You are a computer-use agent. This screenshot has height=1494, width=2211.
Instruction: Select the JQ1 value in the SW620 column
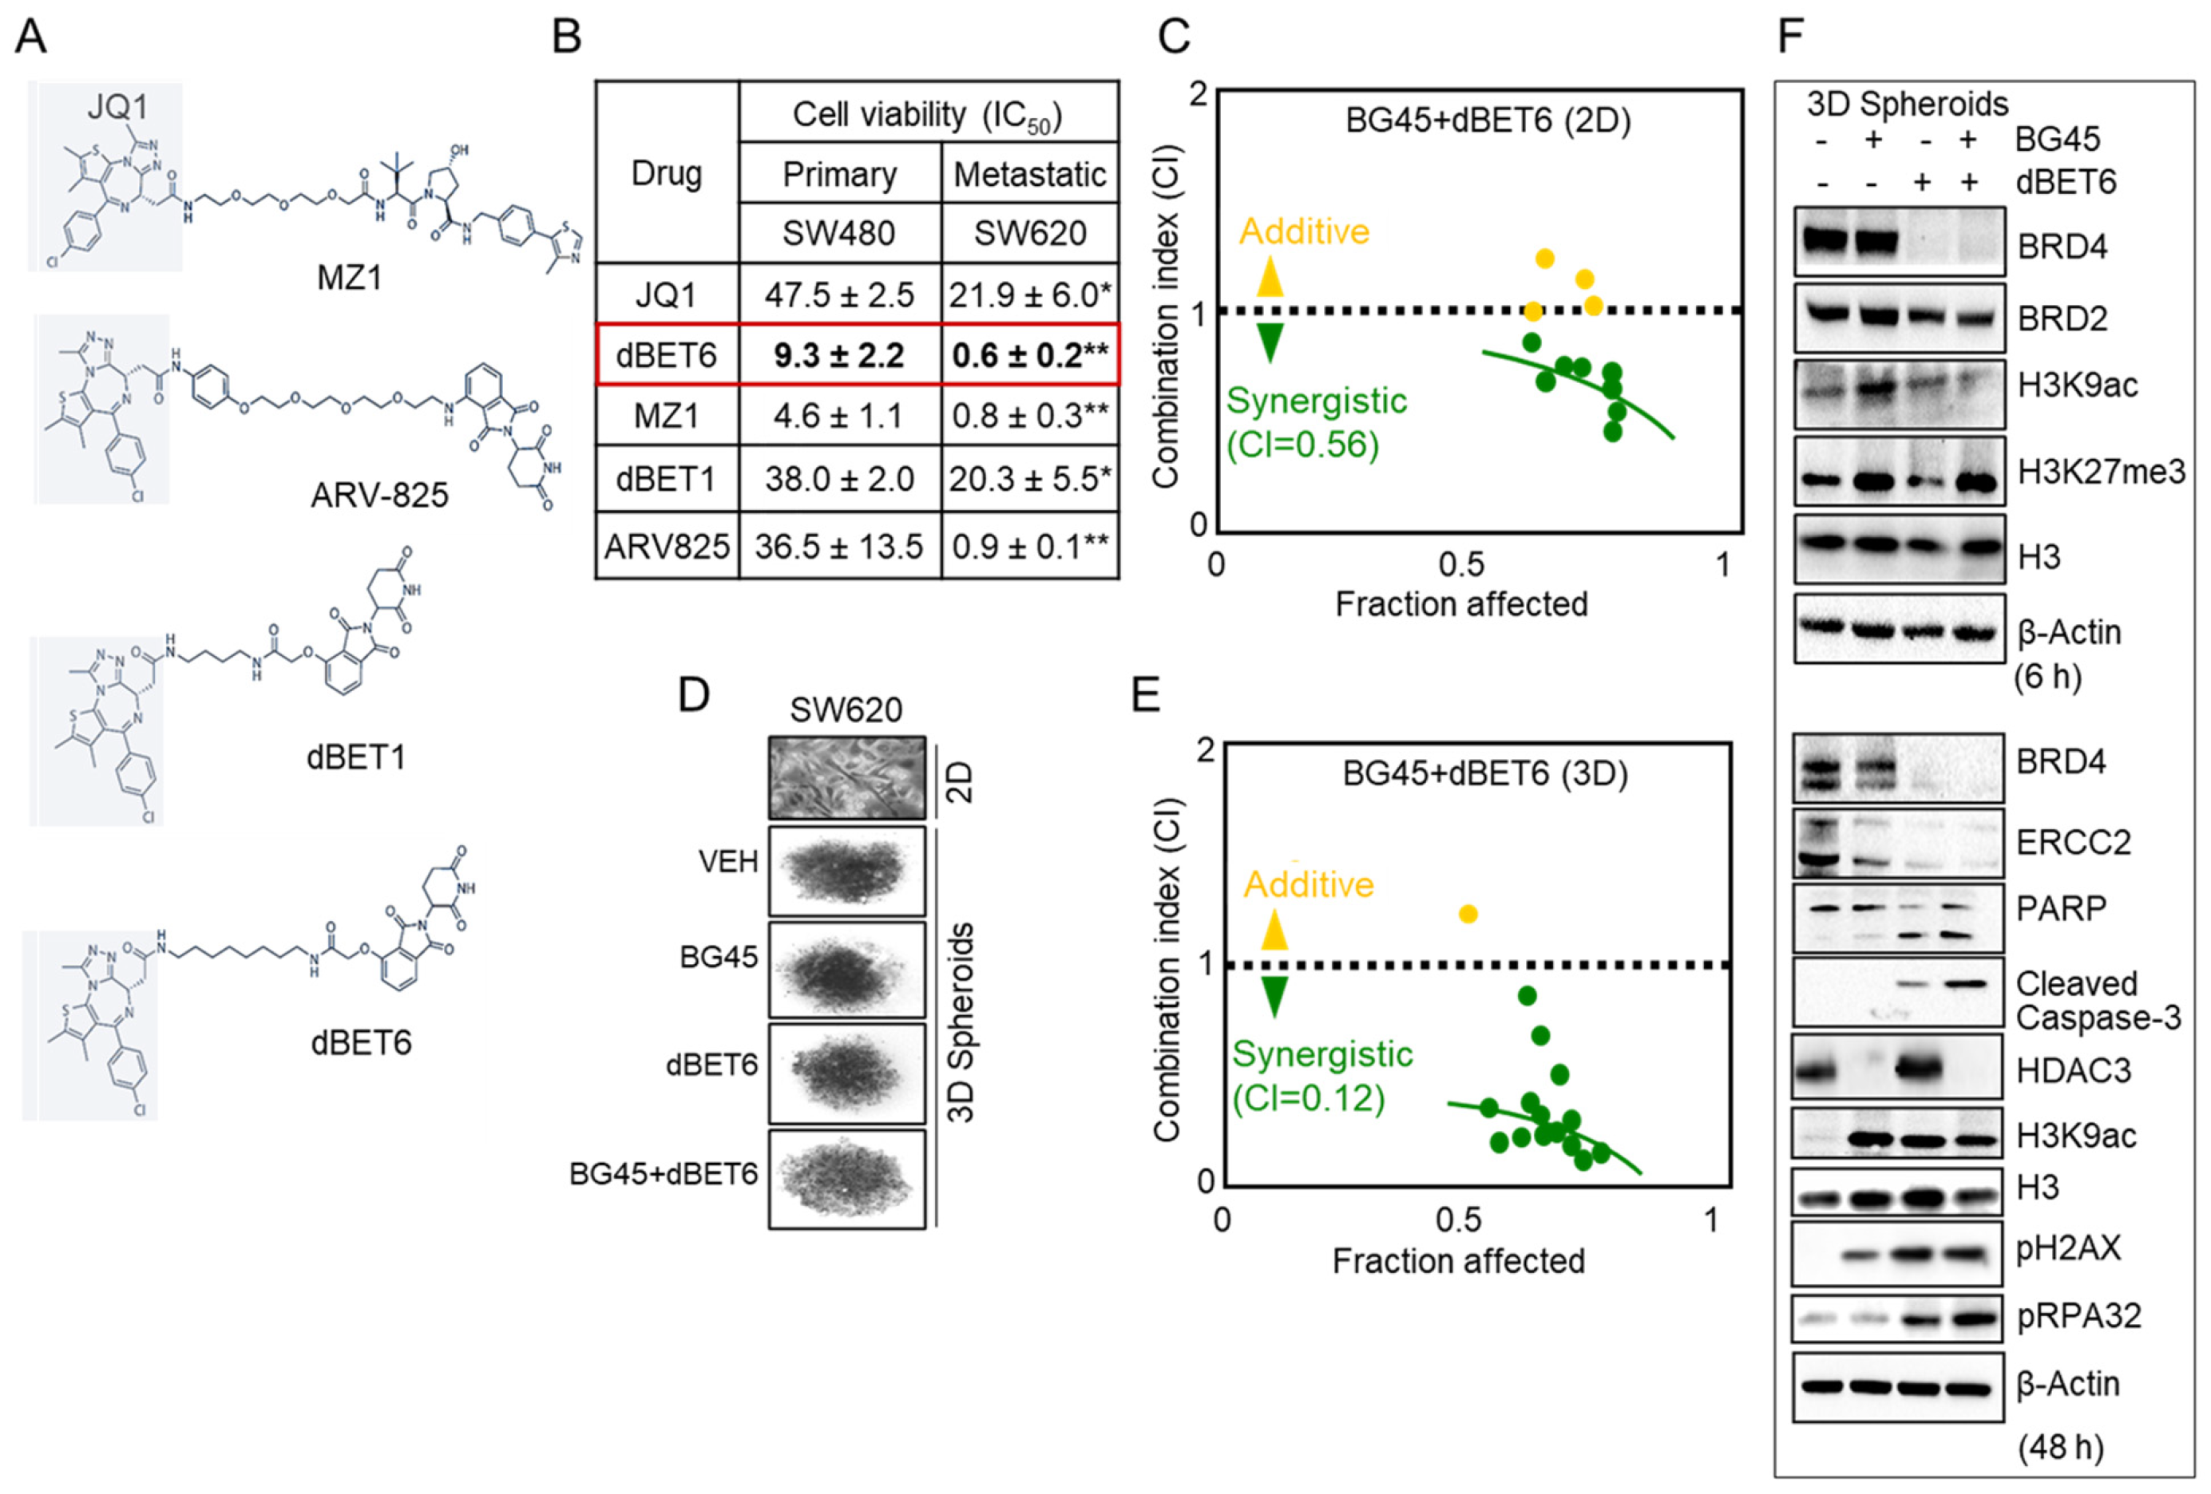(x=1029, y=294)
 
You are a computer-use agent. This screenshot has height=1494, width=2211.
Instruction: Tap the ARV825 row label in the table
(x=666, y=547)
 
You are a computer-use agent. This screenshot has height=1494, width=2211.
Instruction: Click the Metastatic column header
(x=1029, y=174)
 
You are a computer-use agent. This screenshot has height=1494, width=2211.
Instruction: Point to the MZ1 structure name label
(x=349, y=278)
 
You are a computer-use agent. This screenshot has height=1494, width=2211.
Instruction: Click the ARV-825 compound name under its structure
(x=379, y=496)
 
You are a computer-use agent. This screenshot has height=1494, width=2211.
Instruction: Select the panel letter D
(x=694, y=695)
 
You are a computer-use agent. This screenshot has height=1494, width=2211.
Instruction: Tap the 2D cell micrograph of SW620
(x=846, y=778)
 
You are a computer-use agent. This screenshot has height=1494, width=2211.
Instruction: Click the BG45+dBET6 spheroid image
(x=846, y=1178)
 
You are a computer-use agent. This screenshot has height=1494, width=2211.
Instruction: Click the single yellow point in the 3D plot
(x=1468, y=914)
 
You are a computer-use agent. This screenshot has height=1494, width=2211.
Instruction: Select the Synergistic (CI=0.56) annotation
(x=1315, y=422)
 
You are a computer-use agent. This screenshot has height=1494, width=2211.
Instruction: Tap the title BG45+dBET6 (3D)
(x=1485, y=774)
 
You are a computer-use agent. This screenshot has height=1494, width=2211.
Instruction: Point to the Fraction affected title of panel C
(x=1461, y=605)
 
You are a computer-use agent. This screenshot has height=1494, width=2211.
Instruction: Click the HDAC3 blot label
(x=2073, y=1071)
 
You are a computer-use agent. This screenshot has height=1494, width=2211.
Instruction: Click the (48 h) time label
(x=2061, y=1448)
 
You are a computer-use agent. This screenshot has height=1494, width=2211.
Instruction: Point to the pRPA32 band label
(x=2078, y=1316)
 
